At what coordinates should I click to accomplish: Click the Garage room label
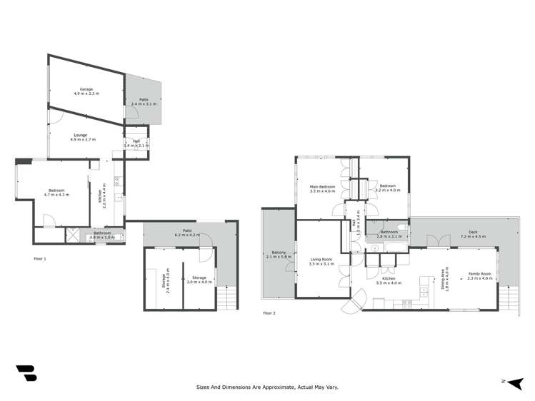pos(86,89)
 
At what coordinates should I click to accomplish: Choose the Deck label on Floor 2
pos(473,231)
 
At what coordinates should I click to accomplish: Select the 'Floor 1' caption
pos(40,258)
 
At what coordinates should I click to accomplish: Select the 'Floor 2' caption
pos(269,313)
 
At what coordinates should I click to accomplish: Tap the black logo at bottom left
pos(26,374)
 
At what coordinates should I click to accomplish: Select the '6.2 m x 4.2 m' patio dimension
pos(189,235)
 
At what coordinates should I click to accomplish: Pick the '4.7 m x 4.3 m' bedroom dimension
pos(56,195)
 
